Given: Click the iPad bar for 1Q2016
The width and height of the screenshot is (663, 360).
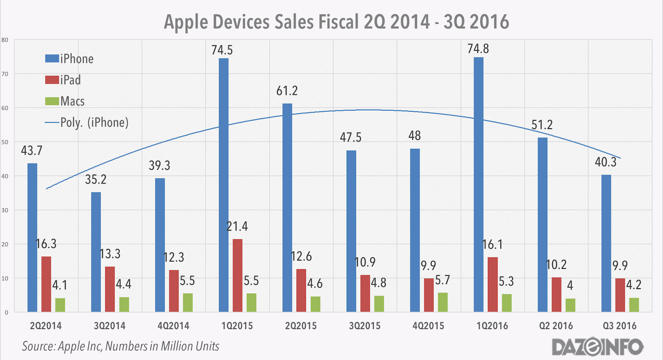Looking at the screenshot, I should pyautogui.click(x=493, y=284).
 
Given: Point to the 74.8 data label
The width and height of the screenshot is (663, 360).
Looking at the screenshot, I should pyautogui.click(x=478, y=49).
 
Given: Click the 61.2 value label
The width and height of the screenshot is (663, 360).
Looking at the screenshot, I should pyautogui.click(x=287, y=91).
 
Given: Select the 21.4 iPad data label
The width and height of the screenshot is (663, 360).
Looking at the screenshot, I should pyautogui.click(x=237, y=226).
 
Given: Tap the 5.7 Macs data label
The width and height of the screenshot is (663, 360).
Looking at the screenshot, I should pyautogui.click(x=442, y=280).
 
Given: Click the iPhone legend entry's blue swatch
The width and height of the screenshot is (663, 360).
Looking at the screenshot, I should pyautogui.click(x=52, y=58).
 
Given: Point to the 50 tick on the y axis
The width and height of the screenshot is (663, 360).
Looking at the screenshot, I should pyautogui.click(x=5, y=142).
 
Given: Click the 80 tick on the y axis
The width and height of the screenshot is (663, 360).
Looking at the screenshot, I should pyautogui.click(x=5, y=40).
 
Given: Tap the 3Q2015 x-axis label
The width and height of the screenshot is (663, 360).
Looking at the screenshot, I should pyautogui.click(x=365, y=326).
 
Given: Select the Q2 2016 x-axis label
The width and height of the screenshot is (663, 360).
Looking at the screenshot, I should pyautogui.click(x=556, y=326).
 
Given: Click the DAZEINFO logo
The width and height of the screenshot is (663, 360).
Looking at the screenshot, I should pyautogui.click(x=597, y=347).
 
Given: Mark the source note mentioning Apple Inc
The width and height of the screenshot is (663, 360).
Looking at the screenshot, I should pyautogui.click(x=120, y=346).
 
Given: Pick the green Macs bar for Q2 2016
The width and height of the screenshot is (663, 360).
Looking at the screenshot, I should pyautogui.click(x=570, y=305).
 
